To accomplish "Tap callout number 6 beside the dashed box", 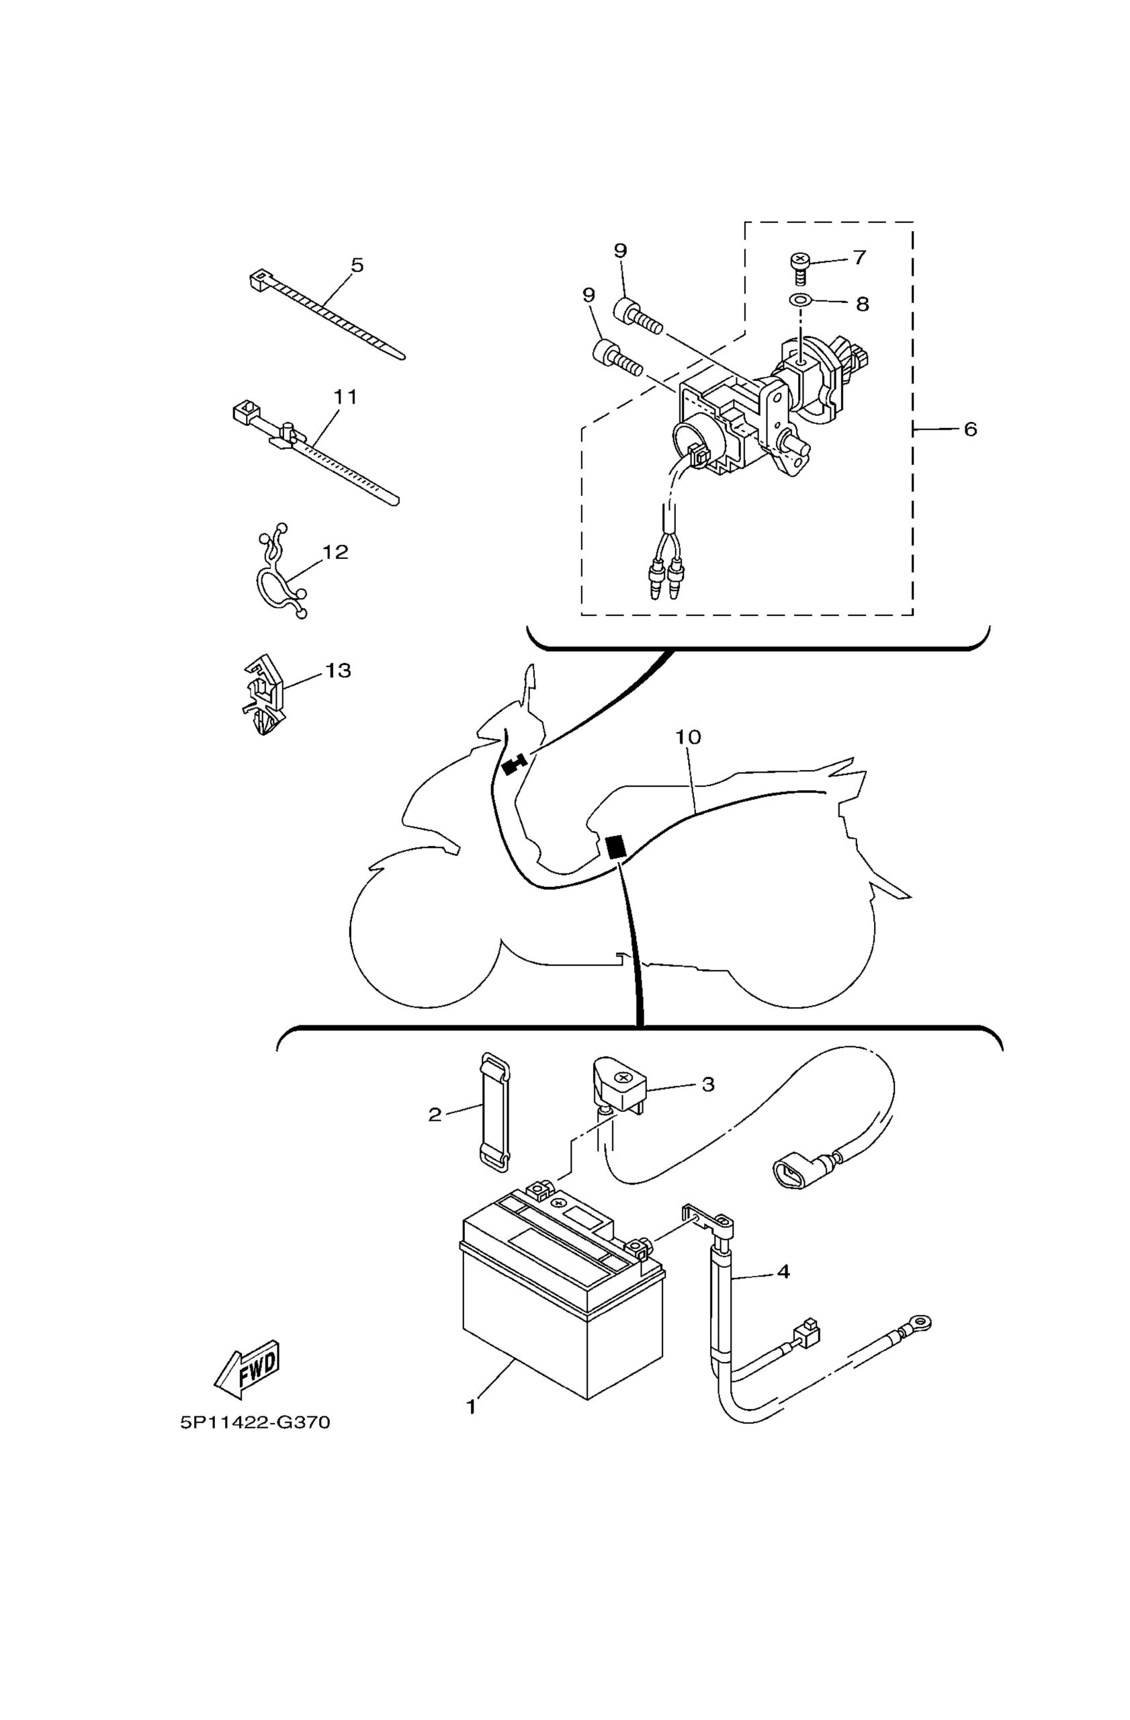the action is click(x=969, y=429).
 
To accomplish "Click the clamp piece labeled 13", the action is click(x=262, y=695).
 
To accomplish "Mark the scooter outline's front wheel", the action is click(x=425, y=935).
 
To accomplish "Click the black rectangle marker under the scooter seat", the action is click(x=615, y=847).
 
